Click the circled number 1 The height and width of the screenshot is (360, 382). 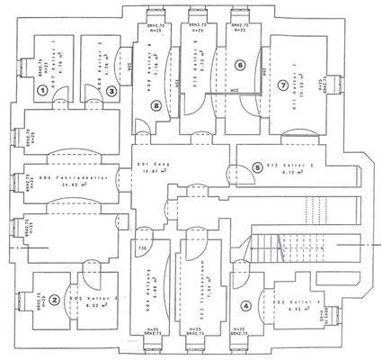pos(42,90)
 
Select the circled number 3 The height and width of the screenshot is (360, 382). pos(111,90)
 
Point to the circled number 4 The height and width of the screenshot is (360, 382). pos(246,305)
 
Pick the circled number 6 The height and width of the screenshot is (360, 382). pos(239,65)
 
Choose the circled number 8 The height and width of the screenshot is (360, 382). pos(156,106)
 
